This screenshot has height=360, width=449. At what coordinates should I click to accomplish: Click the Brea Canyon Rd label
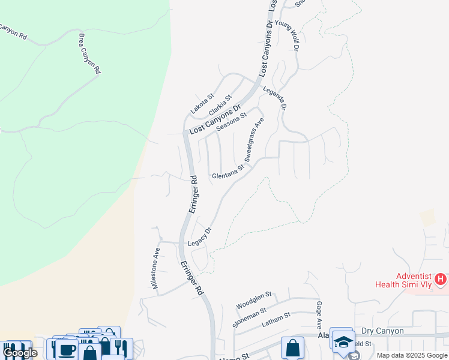(x=89, y=53)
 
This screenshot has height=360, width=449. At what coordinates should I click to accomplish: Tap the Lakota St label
(x=202, y=104)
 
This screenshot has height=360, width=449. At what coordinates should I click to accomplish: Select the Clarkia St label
(x=220, y=106)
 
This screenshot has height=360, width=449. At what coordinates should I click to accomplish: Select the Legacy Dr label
(x=200, y=236)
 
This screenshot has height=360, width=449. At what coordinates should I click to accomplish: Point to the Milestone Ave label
(x=156, y=269)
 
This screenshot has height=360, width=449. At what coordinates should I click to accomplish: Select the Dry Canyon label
(x=382, y=331)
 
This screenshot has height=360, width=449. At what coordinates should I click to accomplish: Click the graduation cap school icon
(x=343, y=342)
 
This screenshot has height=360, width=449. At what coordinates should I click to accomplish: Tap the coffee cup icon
(x=67, y=349)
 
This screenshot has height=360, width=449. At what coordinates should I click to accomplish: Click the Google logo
(x=20, y=353)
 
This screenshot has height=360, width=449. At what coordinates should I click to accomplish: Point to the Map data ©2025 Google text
(x=411, y=355)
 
